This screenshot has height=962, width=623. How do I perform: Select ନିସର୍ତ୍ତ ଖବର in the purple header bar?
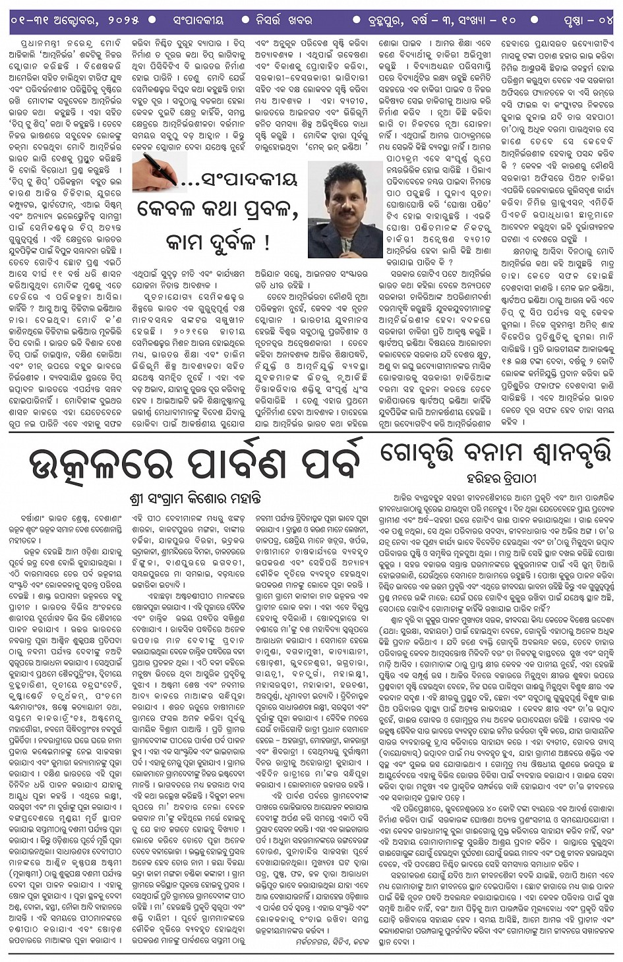click(284, 20)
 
